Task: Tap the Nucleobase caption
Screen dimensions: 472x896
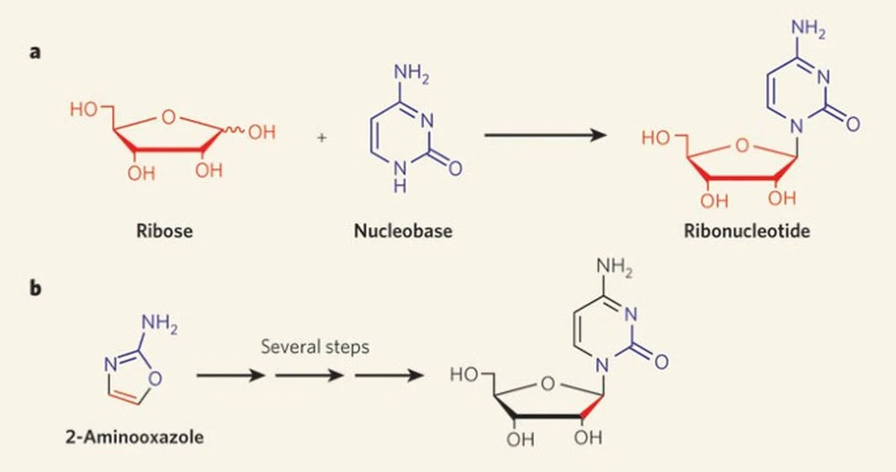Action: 403,231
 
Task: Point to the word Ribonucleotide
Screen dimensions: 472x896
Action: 747,231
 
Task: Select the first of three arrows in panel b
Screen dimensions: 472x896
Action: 230,376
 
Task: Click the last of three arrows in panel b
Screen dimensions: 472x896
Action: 385,376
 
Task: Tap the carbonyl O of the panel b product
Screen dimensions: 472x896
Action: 661,361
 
